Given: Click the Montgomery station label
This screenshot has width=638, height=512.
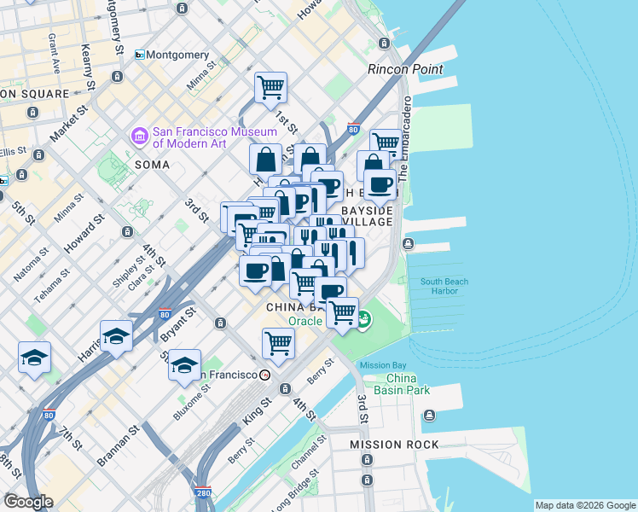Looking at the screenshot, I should (x=177, y=55).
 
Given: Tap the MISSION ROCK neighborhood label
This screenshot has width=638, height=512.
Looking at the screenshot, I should (x=394, y=445).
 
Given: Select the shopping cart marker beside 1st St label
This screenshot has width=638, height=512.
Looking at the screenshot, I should (x=270, y=86).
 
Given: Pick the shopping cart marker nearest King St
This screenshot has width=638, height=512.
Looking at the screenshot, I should (x=278, y=343).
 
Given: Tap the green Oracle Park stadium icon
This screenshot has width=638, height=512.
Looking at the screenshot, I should (x=364, y=320).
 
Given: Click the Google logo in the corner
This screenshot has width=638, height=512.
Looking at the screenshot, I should (x=28, y=502).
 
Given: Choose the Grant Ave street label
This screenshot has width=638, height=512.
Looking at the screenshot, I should (x=53, y=52).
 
